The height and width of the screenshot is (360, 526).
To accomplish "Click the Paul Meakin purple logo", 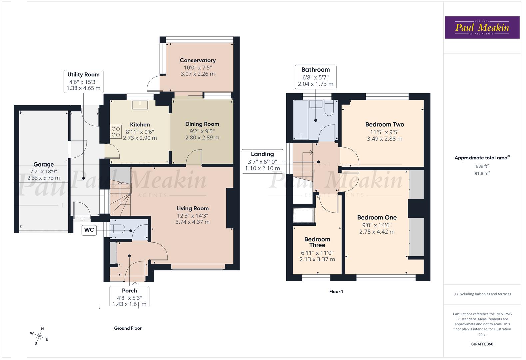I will point(482,27).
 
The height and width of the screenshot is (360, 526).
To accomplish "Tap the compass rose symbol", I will point(39,336).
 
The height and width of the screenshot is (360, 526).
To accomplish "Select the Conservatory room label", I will point(198,60).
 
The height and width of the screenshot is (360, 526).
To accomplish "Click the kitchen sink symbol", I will point(140,105).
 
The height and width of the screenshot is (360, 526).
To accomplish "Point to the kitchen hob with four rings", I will point(116,131).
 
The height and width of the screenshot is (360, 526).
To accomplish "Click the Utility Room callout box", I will point(83,81).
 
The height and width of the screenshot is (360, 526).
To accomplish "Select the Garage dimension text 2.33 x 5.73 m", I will point(44,178).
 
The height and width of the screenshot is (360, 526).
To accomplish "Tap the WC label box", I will point(89,230).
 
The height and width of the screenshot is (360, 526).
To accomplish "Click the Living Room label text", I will point(192,208).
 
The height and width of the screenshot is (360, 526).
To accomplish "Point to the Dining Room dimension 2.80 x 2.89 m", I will point(202,137).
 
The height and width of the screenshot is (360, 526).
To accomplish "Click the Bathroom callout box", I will point(315,77).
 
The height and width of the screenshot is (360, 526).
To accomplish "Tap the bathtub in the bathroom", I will point(301,120).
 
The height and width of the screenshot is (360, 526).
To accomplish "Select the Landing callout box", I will point(263,161).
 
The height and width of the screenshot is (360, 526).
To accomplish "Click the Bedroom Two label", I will point(385,124).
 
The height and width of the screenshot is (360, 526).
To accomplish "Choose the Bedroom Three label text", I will point(317,242).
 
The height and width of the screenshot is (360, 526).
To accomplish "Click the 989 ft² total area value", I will point(482,166).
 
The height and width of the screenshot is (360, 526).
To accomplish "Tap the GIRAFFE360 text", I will point(482,344).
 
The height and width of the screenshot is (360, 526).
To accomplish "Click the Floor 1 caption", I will point(336,291).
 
